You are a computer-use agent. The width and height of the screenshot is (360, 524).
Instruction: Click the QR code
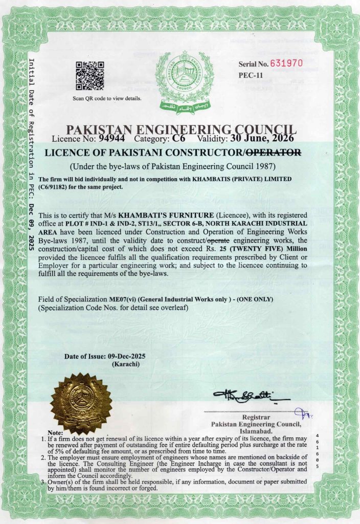(x=90, y=76)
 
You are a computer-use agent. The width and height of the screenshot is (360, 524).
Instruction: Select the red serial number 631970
(x=287, y=64)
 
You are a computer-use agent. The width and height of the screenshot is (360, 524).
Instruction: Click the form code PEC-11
(x=250, y=75)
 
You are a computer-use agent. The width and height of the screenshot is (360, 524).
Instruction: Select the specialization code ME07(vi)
(x=121, y=299)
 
